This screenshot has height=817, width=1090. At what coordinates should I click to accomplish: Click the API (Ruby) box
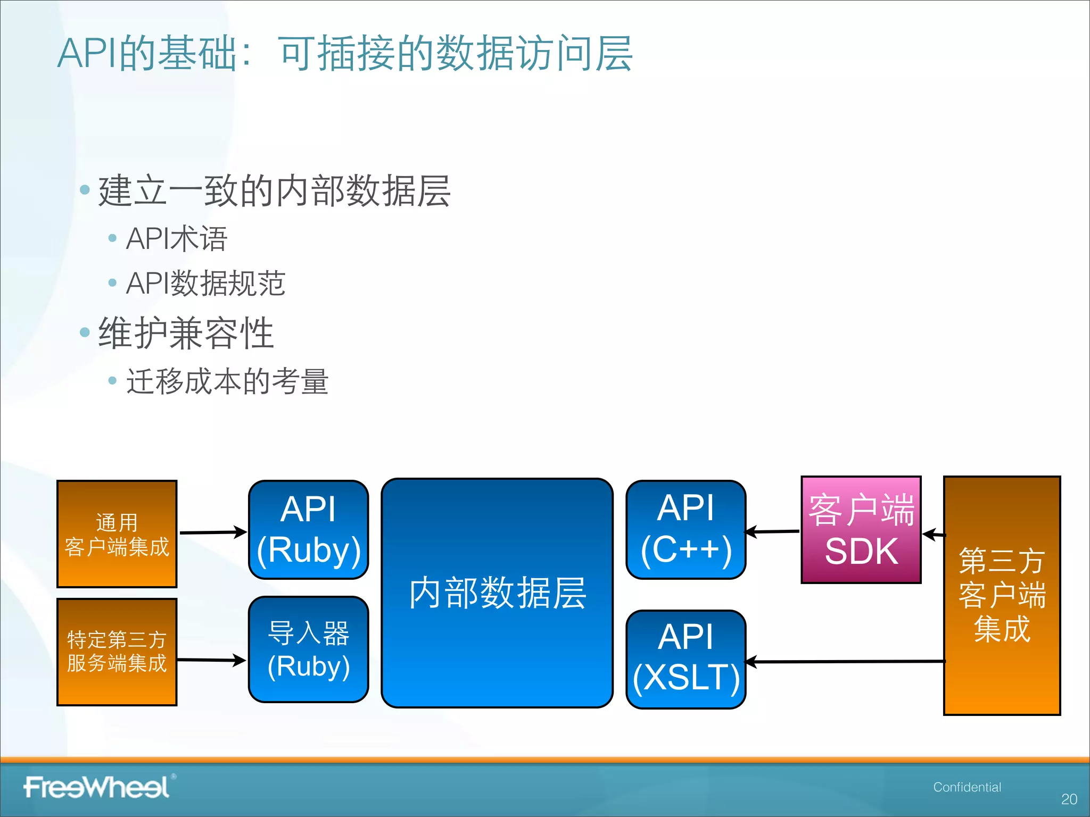(x=308, y=530)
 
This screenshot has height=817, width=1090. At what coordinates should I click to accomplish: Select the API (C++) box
(x=686, y=530)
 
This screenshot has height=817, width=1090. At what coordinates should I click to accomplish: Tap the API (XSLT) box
(x=686, y=659)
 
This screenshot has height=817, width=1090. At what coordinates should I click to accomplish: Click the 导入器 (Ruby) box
(x=308, y=649)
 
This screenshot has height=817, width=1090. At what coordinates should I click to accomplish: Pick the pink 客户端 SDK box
(x=861, y=530)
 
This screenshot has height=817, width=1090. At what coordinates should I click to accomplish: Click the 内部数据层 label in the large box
(x=497, y=593)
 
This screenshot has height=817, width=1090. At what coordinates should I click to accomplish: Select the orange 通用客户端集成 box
(x=117, y=534)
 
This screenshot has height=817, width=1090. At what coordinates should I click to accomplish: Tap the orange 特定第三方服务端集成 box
(x=117, y=652)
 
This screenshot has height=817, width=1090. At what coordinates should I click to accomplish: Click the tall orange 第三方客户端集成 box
(x=1002, y=595)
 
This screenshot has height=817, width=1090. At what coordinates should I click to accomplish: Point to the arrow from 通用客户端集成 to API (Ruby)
(x=213, y=532)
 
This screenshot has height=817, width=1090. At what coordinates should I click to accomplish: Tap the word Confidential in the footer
(x=967, y=787)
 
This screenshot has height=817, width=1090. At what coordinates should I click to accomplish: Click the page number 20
(x=1069, y=799)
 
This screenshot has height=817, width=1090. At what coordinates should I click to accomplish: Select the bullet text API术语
(x=177, y=238)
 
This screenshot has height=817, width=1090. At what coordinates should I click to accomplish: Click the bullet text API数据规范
(x=205, y=283)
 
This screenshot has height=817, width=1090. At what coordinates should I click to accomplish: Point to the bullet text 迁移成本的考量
(x=227, y=381)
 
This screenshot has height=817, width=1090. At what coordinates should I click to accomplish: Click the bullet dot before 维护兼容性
(x=85, y=333)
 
